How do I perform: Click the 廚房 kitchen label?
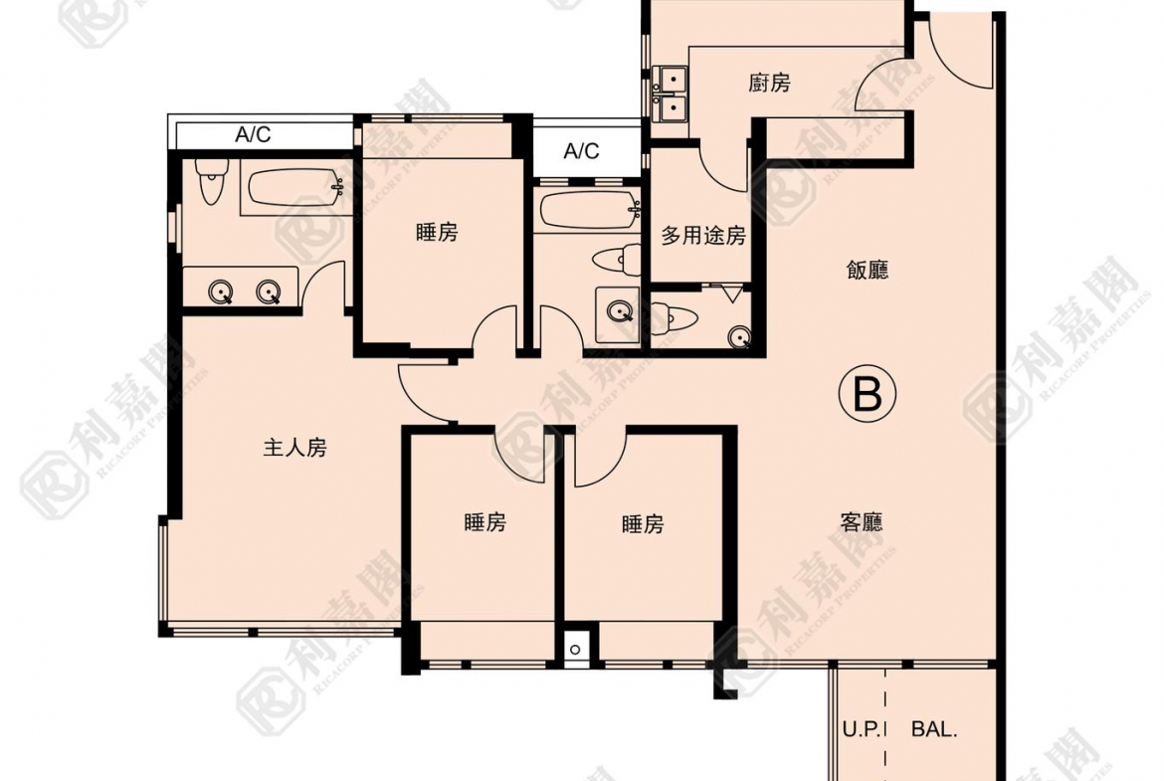click(769, 84)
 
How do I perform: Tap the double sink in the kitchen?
click(672, 91)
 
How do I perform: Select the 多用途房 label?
click(703, 237)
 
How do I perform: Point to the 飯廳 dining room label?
click(867, 271)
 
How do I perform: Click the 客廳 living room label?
click(862, 523)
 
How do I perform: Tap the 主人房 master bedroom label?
click(294, 449)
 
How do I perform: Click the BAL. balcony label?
click(934, 729)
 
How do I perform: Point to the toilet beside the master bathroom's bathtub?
click(209, 183)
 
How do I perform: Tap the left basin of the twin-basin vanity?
click(222, 292)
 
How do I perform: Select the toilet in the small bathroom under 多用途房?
click(678, 318)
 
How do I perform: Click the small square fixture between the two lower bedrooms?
click(576, 650)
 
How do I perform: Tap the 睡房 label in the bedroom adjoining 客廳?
click(642, 524)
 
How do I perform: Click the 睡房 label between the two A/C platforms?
click(437, 233)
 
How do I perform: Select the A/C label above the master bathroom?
click(253, 135)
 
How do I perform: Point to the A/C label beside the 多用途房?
click(581, 151)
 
